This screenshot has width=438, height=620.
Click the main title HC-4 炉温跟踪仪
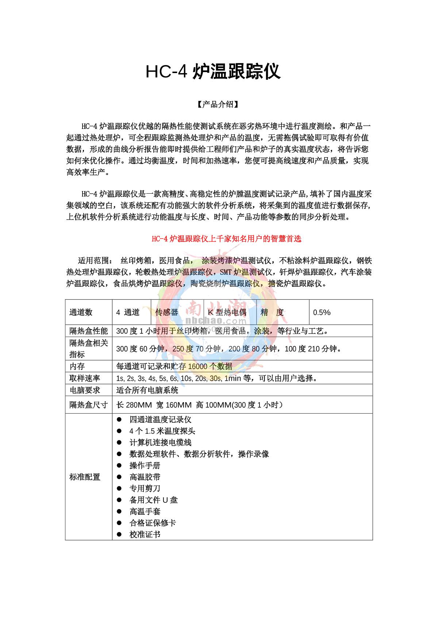pos(213,72)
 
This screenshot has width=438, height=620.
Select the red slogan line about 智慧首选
pos(226,239)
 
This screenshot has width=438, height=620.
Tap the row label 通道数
pos(81,312)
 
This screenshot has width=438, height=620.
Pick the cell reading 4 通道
pos(128,312)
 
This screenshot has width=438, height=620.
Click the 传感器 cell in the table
pos(167,312)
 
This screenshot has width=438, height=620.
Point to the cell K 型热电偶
pos(227,312)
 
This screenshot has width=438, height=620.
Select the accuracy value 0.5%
pos(322,312)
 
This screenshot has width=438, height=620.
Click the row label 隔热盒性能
pos(89,331)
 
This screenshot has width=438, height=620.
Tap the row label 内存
pos(77,366)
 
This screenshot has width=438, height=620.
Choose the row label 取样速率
pos(85,378)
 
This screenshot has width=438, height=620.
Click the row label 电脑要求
pos(85,390)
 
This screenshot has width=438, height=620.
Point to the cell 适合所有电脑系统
pos(147,390)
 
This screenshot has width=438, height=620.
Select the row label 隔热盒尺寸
pos(89,405)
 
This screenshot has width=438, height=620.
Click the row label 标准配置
pos(85,477)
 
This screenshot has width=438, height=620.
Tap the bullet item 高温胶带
pos(145,477)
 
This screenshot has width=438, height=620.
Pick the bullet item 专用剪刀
pos(145,488)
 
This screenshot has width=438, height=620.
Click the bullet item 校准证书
pos(145,535)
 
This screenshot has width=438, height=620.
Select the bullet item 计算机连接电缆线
pos(160,442)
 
